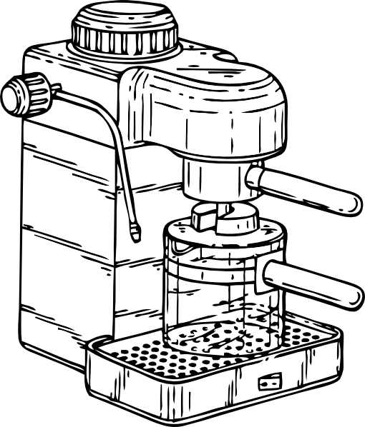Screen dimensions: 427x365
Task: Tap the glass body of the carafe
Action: tap(215, 300)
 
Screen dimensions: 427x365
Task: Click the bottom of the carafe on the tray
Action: tap(215, 339)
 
